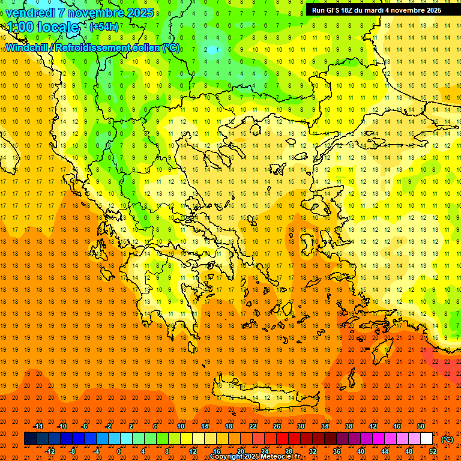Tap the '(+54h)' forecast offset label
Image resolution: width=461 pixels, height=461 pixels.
point(104,26)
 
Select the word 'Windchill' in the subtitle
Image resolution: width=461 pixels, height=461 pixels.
point(26,47)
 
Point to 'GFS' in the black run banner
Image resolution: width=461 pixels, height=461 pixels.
point(337,10)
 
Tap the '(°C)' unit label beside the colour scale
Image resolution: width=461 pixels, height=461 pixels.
point(447,439)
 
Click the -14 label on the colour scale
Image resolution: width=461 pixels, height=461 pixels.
point(38,426)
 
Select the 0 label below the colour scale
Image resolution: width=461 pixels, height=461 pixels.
point(118,451)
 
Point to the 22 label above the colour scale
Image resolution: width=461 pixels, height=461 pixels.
point(253,426)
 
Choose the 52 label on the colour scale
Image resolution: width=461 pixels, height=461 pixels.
point(433,451)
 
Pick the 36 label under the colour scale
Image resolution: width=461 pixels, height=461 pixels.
point(337,451)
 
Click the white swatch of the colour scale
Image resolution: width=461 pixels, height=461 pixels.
point(427,439)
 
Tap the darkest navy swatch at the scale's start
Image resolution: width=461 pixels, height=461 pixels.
point(30,439)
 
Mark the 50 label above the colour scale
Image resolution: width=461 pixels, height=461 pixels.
point(421,426)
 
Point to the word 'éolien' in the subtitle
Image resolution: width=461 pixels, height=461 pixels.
point(141,47)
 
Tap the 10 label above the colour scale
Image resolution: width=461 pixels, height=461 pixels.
point(181,426)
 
